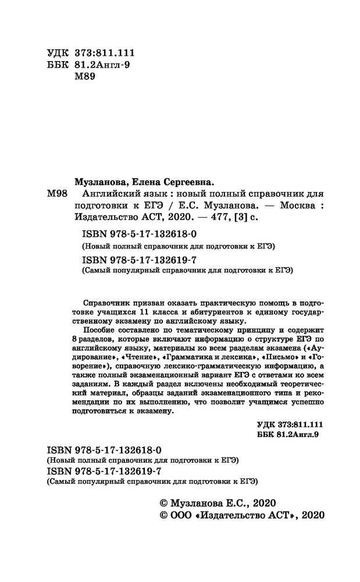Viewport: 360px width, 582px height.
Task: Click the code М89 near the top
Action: point(80,77)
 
